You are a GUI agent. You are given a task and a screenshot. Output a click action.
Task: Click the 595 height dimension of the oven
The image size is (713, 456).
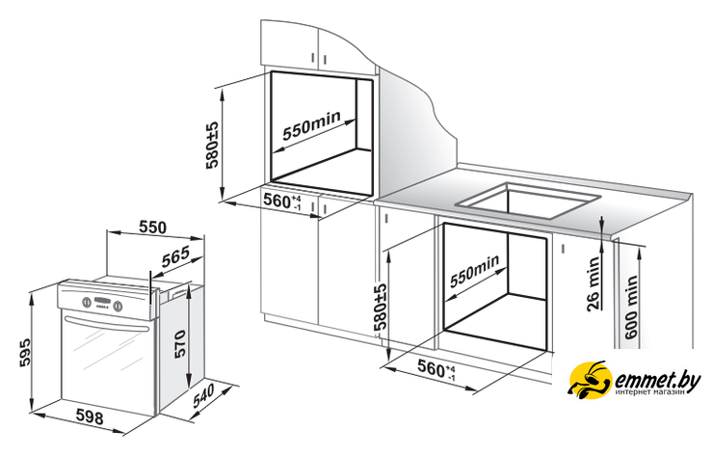[25, 352]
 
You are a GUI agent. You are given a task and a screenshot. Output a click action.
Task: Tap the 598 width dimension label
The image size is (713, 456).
[90, 416]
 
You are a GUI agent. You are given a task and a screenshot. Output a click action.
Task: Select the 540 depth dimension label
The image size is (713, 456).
[203, 396]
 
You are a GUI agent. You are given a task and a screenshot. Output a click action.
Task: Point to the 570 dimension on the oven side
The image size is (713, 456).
[179, 343]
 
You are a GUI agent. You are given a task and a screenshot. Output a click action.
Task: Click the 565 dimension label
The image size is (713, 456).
[175, 257]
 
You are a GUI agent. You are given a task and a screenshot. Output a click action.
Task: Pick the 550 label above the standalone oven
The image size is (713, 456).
[152, 227]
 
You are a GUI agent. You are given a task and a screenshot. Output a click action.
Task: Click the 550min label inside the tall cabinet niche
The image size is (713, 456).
[311, 125]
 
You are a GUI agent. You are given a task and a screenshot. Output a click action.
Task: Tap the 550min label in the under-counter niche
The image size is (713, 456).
[474, 271]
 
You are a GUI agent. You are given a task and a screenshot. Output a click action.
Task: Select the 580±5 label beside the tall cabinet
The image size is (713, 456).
[212, 146]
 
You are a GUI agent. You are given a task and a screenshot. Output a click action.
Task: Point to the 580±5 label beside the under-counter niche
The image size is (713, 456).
[381, 307]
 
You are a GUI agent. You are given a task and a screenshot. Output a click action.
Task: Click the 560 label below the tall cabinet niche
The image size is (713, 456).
[282, 201]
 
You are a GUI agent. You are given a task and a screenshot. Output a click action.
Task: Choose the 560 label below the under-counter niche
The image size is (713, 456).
[436, 368]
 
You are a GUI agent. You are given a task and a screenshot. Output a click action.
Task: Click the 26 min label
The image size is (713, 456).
[594, 283]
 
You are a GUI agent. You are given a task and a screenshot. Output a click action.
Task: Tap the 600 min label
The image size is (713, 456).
[631, 307]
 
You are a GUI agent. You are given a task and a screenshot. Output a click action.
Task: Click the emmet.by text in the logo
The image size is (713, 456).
[657, 379]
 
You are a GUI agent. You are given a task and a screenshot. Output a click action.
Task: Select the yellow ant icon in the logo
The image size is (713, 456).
[591, 380]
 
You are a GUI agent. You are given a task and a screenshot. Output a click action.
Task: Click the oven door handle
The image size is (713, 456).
[108, 324]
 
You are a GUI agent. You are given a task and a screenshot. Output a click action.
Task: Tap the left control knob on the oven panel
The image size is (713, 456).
[86, 302]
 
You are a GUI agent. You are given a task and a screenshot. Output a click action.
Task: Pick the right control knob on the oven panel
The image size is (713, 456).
[118, 306]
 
